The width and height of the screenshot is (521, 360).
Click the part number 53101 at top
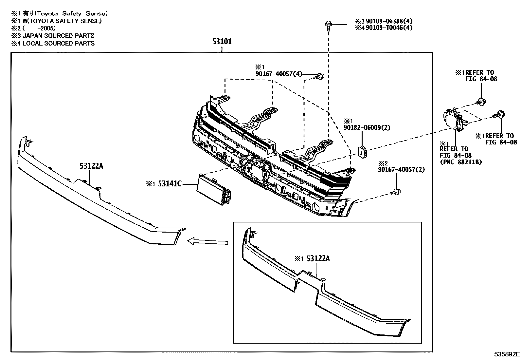222,42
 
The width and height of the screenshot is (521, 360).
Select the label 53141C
170,184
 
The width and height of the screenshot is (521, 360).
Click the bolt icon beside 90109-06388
328,25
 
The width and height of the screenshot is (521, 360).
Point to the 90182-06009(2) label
367,128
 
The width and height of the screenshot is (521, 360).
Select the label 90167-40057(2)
401,170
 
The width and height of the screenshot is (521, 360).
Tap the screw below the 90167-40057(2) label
397,192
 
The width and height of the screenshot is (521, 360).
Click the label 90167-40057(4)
278,74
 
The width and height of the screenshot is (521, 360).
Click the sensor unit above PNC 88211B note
454,119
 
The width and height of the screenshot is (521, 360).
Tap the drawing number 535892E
507,354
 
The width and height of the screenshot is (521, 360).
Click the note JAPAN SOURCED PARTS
58,36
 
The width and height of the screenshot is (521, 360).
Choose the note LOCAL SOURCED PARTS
58,43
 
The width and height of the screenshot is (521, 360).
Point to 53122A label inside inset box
318,259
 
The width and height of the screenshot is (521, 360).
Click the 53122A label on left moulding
91,166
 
